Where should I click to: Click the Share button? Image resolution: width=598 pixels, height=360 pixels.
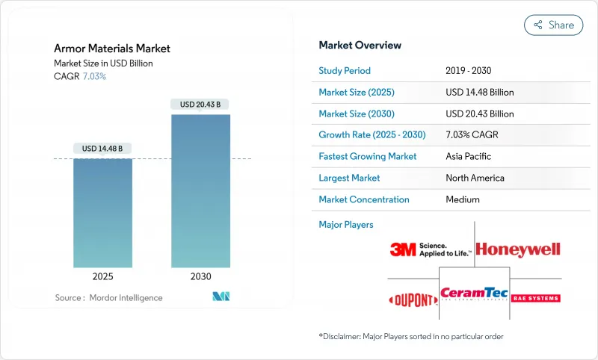point(553,25)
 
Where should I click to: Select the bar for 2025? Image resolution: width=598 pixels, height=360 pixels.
point(103,212)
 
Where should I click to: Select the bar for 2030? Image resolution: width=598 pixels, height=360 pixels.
point(200,190)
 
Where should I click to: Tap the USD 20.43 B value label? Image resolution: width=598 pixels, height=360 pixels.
point(200,104)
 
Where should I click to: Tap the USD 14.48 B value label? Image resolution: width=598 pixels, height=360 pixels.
point(103,148)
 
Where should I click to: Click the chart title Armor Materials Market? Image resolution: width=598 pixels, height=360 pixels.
point(112,49)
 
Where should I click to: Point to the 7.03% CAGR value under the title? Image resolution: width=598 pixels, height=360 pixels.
point(93,76)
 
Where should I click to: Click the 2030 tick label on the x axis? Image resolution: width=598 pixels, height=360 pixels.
point(200,276)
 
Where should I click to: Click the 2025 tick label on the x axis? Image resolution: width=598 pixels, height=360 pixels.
point(103,276)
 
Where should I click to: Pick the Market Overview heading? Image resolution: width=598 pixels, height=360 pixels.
point(360,46)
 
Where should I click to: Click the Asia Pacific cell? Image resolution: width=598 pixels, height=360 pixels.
point(469,157)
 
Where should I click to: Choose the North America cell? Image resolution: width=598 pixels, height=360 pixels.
point(475,178)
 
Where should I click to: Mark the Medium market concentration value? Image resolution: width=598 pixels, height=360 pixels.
point(462,199)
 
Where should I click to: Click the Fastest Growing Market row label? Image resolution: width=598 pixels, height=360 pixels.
point(367,157)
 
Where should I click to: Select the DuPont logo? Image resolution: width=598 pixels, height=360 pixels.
point(413,300)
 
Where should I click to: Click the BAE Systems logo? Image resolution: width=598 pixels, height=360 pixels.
point(534,299)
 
